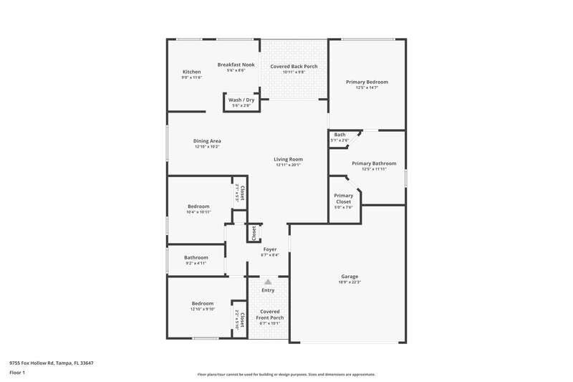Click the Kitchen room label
pos(191,72)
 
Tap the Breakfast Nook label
pos(236,65)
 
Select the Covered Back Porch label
pos(294,67)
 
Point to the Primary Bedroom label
pos(367,82)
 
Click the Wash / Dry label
pos(241,100)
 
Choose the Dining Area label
pos(207,140)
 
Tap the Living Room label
pos(289,159)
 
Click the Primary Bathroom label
pos(370,163)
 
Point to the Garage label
pos(350,276)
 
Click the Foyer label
pos(270,249)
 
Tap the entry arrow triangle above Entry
pos(268,282)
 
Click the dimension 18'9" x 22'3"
pos(350,282)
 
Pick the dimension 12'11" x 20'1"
pos(289,165)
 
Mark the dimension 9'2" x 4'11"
pos(196,264)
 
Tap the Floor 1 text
pos(17,373)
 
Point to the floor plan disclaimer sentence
pos(286,374)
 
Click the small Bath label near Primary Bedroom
pos(340,134)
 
